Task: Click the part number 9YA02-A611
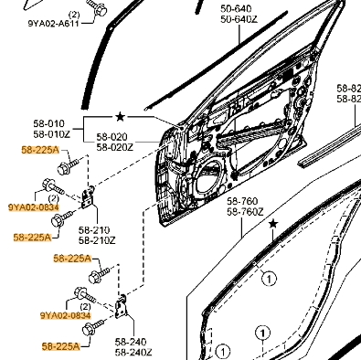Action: pos(54,24)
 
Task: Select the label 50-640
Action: pos(236,9)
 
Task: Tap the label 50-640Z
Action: pos(239,19)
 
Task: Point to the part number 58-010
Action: pos(49,123)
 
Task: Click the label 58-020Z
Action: pos(115,147)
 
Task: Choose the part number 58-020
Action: pos(112,137)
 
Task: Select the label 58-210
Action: pos(94,230)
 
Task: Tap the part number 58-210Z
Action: pos(97,240)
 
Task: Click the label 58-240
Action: pos(131,342)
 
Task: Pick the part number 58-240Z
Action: pos(133,353)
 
